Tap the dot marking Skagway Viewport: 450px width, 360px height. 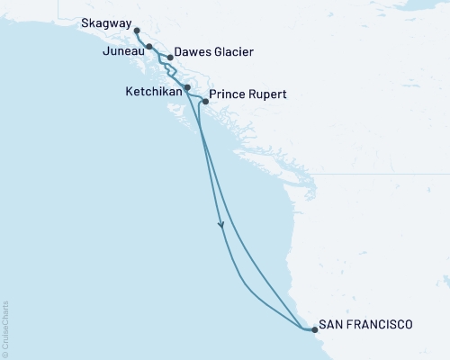pos(137,31)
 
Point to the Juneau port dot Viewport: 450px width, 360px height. pos(149,46)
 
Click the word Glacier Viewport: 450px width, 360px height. pos(231,52)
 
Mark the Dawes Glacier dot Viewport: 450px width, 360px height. pos(170,58)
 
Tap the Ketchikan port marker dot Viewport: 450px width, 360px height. pos(186,87)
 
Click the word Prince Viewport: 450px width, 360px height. pos(226,94)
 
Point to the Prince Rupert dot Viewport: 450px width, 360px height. pos(206,102)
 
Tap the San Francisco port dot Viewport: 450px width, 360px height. pos(314,330)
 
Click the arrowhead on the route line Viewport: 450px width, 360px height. pos(221,226)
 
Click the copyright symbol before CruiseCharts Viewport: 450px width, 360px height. pos(4,355)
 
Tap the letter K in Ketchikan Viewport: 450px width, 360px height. pos(128,92)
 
